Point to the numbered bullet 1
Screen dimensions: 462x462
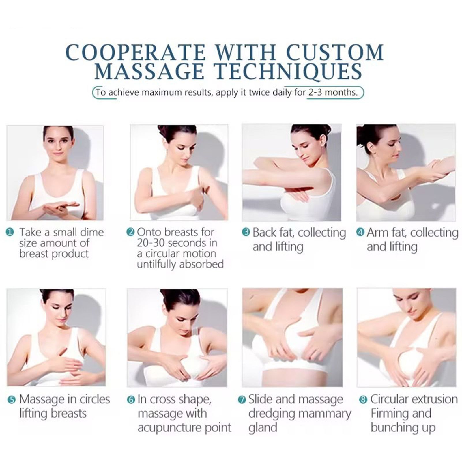tap(10, 232)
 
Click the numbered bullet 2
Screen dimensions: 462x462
tap(130, 232)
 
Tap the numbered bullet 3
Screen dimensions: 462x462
tap(246, 232)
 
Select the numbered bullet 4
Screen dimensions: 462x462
tap(360, 232)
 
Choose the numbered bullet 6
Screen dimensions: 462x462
tap(131, 400)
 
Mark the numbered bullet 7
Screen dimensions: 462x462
tap(242, 400)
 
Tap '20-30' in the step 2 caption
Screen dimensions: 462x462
tap(151, 243)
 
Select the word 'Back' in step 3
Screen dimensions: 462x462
tap(264, 232)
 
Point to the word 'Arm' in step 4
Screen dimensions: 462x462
tap(375, 232)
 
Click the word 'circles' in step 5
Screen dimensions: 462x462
tap(95, 399)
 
